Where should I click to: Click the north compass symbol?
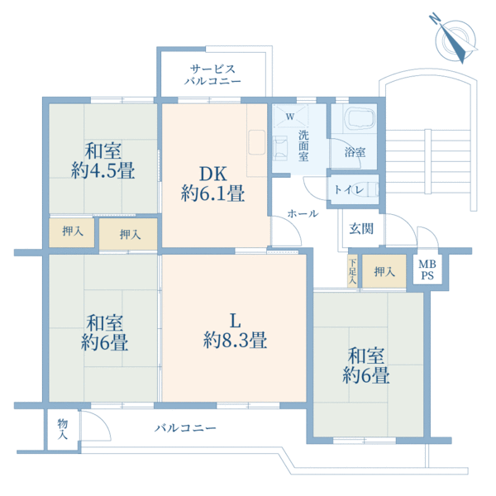click(455, 39)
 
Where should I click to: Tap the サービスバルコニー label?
click(213, 75)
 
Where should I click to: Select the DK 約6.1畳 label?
click(213, 184)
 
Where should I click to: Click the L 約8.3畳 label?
click(235, 331)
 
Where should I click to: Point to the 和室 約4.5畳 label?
click(103, 160)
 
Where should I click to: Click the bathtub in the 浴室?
click(361, 118)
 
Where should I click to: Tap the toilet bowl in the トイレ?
click(364, 189)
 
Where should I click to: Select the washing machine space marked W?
click(290, 116)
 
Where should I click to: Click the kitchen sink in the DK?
click(257, 142)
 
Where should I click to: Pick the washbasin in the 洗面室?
click(280, 148)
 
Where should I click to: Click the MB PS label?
click(427, 269)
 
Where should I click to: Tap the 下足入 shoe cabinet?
click(352, 271)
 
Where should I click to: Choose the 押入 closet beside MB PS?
click(384, 271)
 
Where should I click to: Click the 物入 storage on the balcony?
click(63, 429)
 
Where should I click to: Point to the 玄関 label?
click(361, 228)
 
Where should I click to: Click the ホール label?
click(303, 214)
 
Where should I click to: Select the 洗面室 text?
click(303, 145)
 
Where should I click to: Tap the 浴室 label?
click(355, 152)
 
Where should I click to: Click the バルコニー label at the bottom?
click(185, 428)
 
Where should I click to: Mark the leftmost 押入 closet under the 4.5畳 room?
click(72, 232)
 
